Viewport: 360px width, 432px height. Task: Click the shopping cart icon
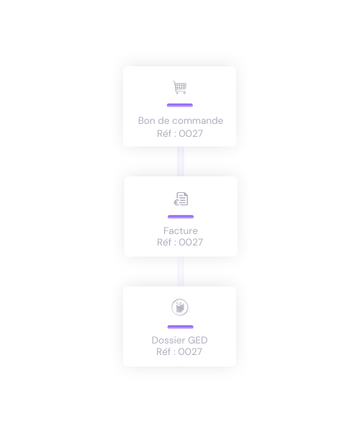click(x=179, y=87)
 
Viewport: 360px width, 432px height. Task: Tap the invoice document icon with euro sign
click(x=181, y=199)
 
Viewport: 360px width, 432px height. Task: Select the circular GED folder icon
click(x=180, y=307)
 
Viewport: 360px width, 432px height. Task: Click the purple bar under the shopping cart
click(x=180, y=105)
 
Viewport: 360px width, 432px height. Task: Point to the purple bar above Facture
click(x=181, y=217)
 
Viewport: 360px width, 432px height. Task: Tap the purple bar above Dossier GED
click(x=181, y=327)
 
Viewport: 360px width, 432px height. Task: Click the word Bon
click(x=147, y=121)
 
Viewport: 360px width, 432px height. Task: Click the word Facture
click(x=181, y=230)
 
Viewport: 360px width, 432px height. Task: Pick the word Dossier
click(x=168, y=341)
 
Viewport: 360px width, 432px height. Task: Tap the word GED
click(x=198, y=341)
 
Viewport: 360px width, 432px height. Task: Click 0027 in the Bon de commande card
click(x=191, y=134)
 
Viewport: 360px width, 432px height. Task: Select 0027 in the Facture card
click(x=191, y=243)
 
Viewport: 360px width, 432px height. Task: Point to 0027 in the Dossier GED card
click(x=190, y=352)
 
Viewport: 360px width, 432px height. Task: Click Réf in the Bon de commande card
click(x=163, y=134)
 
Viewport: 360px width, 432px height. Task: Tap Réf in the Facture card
click(x=163, y=243)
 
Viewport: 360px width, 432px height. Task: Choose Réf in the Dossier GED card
click(x=163, y=352)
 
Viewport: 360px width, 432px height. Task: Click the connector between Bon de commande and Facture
click(x=181, y=161)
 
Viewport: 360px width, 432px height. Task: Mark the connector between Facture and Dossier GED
click(x=181, y=271)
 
